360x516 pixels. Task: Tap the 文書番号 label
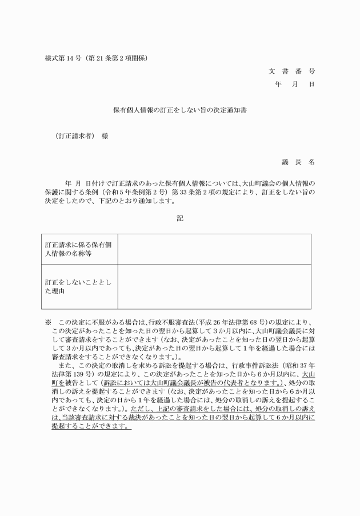coord(291,71)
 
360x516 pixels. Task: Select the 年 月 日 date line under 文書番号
coord(295,83)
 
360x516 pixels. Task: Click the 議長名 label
coord(298,162)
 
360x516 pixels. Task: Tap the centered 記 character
coord(180,219)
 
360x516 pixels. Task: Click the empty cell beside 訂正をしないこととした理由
coord(214,287)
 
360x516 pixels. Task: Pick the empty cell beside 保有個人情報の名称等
coord(214,249)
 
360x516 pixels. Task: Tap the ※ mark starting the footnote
coord(49,322)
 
